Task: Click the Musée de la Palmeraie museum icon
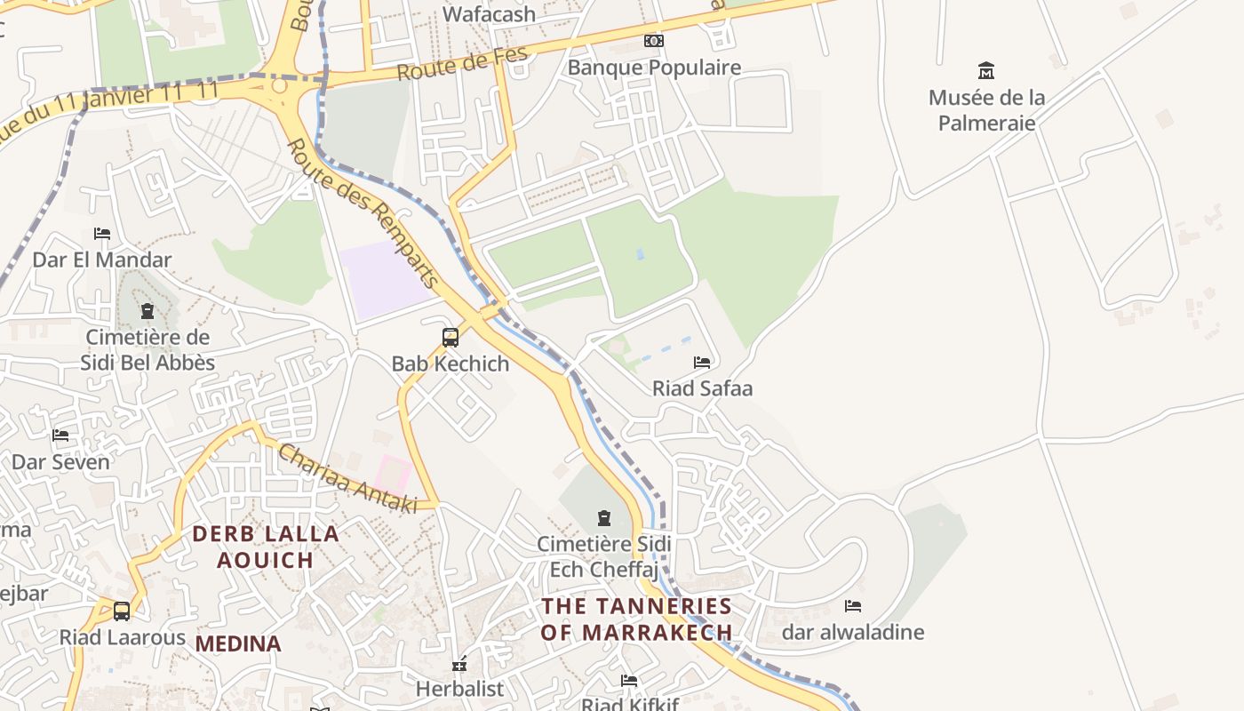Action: click(x=985, y=70)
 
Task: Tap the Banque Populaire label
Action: click(x=654, y=68)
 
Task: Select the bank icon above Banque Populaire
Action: click(x=654, y=41)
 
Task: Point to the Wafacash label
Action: click(x=490, y=14)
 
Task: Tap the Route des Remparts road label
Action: click(x=363, y=212)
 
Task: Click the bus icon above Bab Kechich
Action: click(x=451, y=338)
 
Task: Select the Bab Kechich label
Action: click(x=451, y=363)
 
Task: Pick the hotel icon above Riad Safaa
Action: click(x=702, y=362)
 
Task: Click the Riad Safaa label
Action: click(x=702, y=388)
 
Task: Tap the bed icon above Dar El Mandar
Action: click(x=102, y=234)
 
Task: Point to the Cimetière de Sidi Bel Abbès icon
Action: click(x=148, y=311)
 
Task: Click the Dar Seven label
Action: click(x=60, y=462)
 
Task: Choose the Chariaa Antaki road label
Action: click(x=347, y=478)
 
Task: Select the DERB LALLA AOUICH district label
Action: click(x=267, y=547)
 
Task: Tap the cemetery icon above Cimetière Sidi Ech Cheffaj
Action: click(x=604, y=517)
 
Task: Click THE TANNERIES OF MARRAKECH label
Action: click(x=637, y=619)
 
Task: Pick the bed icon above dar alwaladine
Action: click(x=853, y=606)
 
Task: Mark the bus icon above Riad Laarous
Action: click(x=122, y=611)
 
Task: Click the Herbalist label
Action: click(x=459, y=689)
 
